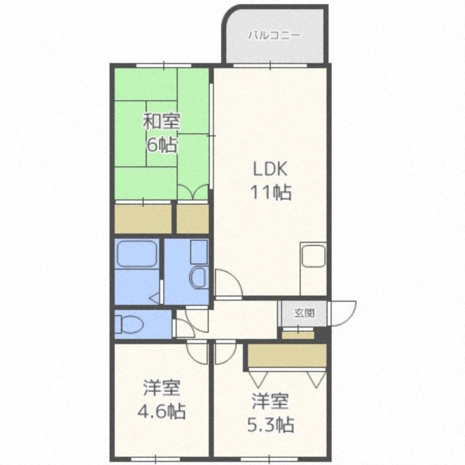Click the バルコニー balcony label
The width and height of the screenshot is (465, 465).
pos(274,34)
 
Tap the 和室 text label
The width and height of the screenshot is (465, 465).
pos(162,122)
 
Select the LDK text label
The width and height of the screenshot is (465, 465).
pos(270,169)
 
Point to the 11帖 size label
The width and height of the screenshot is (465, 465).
pos(270,192)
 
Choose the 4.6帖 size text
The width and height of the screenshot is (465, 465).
pos(161,412)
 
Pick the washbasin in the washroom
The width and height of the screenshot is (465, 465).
pos(198,276)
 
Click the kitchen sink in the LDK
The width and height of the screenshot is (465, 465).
pos(313,256)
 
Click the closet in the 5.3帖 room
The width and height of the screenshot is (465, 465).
pos(287,355)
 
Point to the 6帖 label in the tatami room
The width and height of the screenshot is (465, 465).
pos(161,145)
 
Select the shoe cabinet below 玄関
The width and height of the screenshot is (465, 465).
pos(298,334)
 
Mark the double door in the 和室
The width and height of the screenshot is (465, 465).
pos(193,192)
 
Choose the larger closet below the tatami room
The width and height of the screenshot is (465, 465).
pos(143,219)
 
